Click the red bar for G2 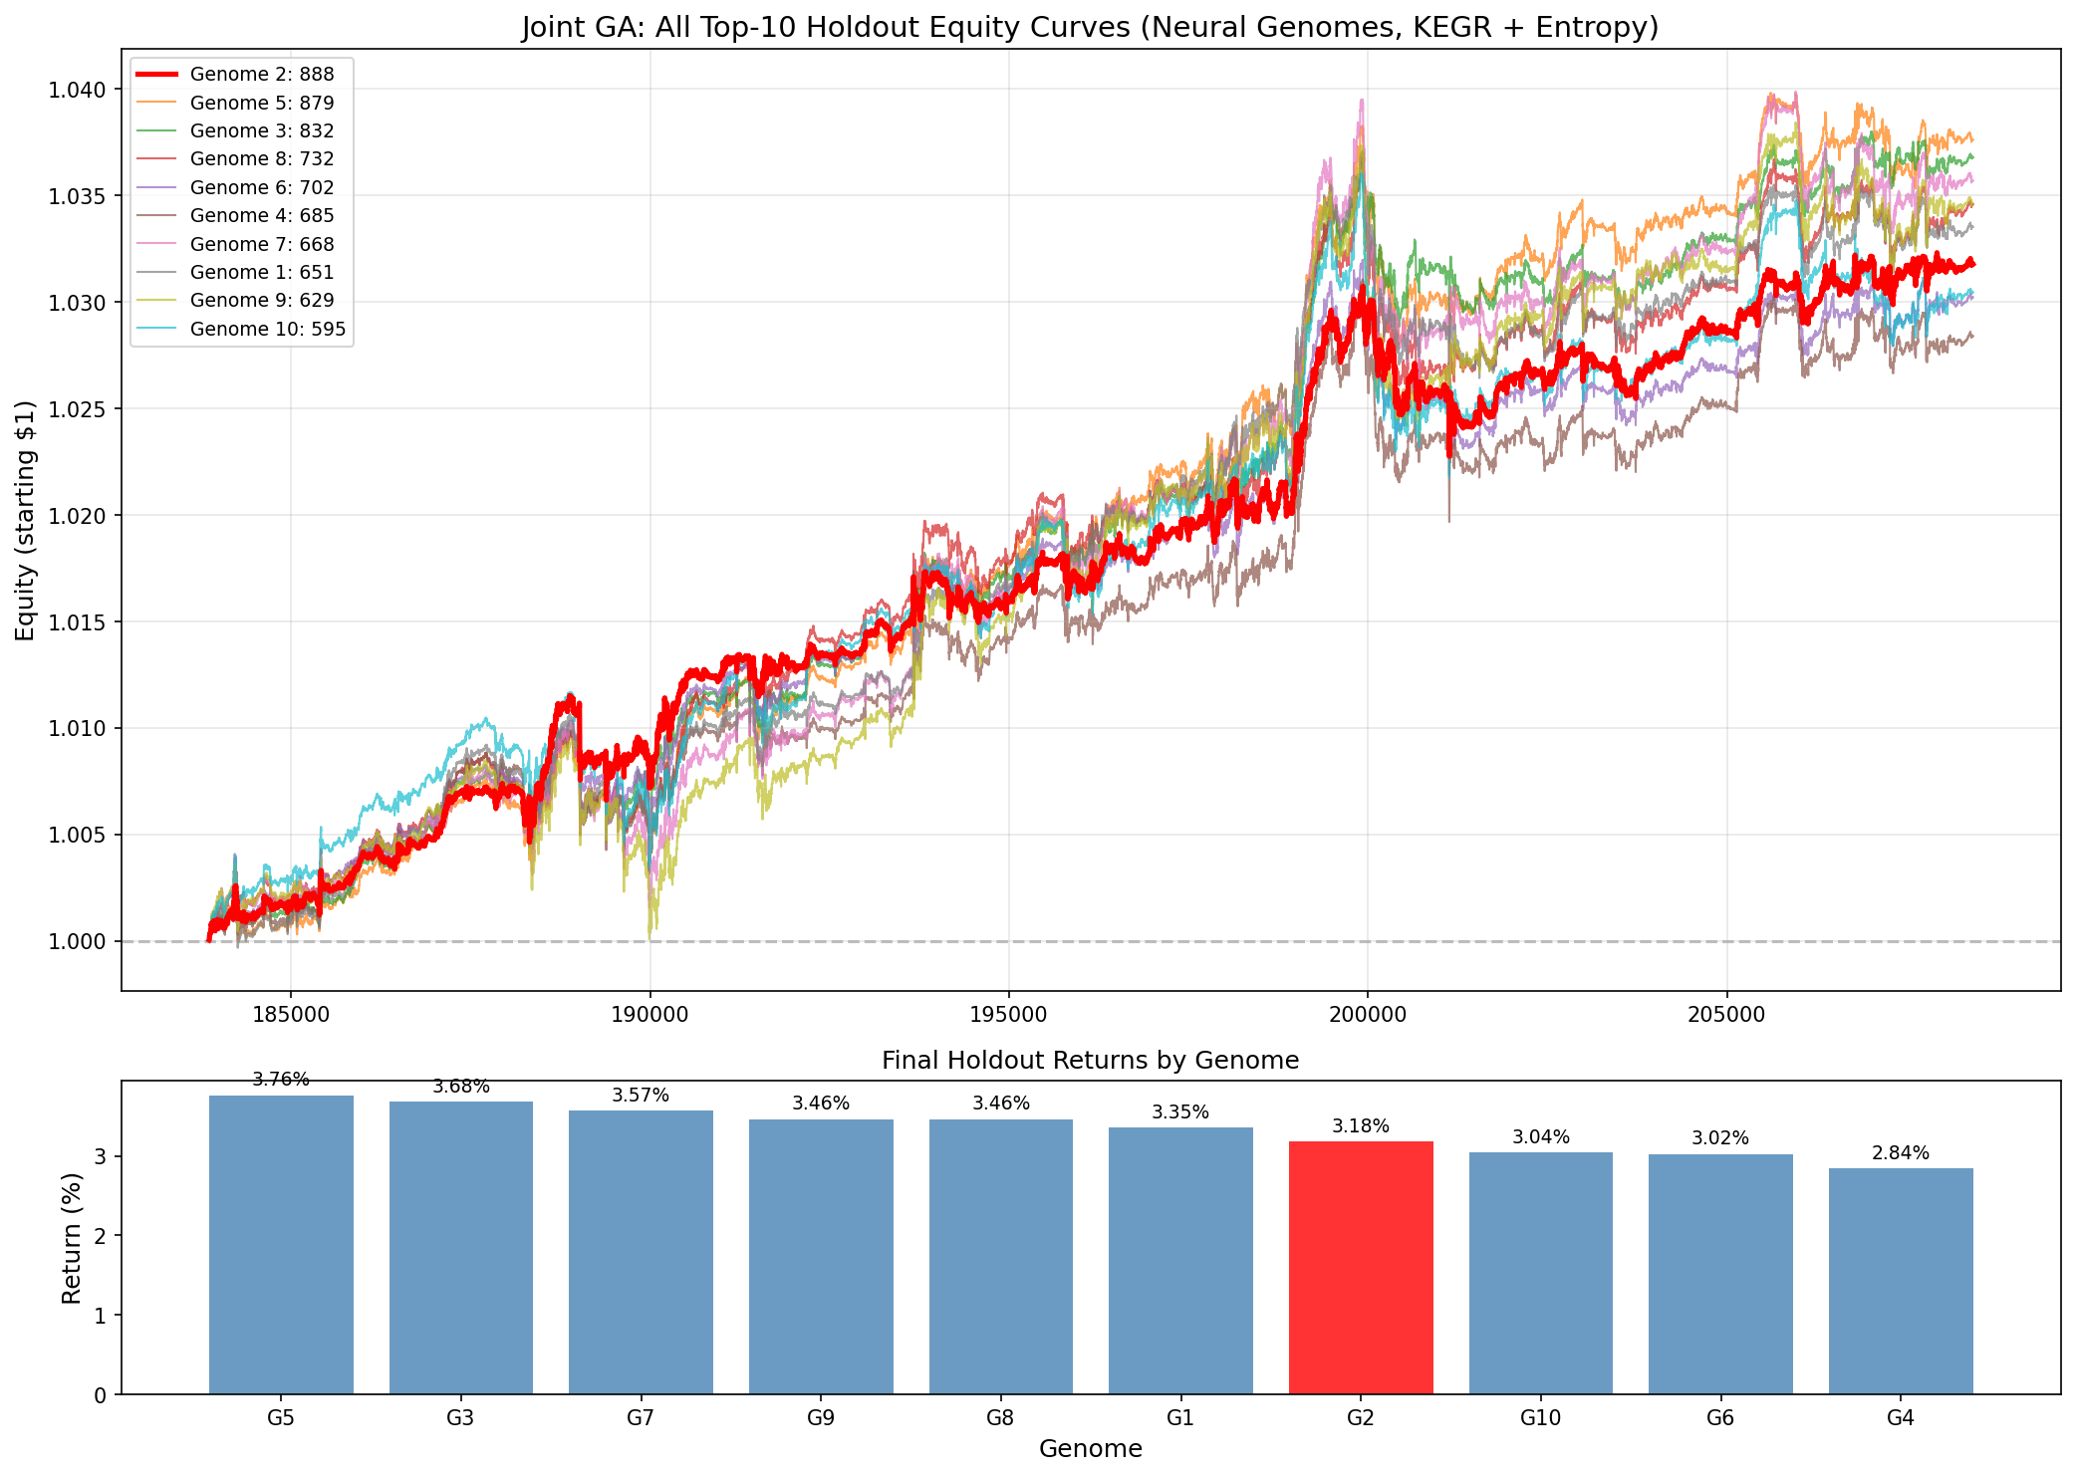[x=1360, y=1267]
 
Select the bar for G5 [x=281, y=1244]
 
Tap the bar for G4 [x=1900, y=1281]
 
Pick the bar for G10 [x=1540, y=1273]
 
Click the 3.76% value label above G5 [x=281, y=1080]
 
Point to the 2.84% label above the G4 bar [x=1900, y=1153]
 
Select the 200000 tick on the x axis [x=1367, y=1015]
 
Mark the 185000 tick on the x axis [x=290, y=1015]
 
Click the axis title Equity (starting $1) [x=26, y=521]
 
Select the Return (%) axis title [x=72, y=1236]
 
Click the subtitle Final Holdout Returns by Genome [x=1090, y=1061]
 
